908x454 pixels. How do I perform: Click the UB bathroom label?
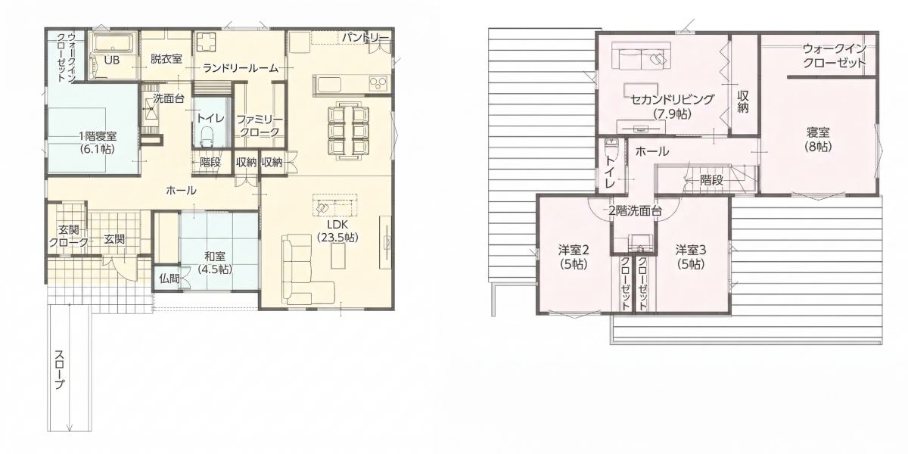click(112, 60)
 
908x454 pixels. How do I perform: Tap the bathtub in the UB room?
click(113, 43)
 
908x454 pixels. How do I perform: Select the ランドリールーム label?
click(241, 68)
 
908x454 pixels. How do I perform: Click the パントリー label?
click(365, 38)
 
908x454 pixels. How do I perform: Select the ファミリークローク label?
click(260, 126)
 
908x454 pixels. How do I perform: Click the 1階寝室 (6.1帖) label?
click(98, 142)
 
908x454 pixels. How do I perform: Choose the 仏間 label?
click(169, 278)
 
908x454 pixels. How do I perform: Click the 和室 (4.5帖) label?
click(215, 263)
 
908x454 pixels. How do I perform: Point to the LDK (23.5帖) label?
click(337, 231)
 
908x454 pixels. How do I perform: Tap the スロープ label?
click(59, 369)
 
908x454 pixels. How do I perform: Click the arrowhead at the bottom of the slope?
click(70, 428)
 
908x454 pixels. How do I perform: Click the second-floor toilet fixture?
click(610, 147)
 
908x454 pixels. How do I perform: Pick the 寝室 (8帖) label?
click(818, 139)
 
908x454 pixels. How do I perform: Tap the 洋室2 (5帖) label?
click(574, 257)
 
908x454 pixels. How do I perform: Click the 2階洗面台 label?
click(635, 211)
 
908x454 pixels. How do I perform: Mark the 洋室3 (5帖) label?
click(691, 257)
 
